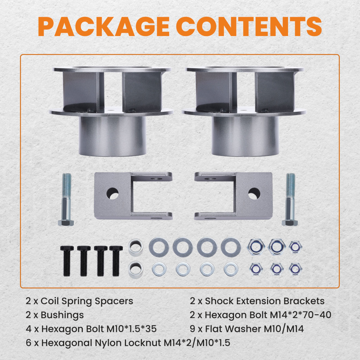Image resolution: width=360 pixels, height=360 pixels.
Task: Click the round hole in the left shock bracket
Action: click(112, 194)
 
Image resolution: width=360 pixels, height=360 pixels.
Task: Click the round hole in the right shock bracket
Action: click(255, 194)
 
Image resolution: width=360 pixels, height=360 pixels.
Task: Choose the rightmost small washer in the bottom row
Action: click(230, 268)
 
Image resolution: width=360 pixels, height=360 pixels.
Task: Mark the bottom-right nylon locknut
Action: click(296, 268)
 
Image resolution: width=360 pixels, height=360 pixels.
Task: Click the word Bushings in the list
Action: click(62, 315)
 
